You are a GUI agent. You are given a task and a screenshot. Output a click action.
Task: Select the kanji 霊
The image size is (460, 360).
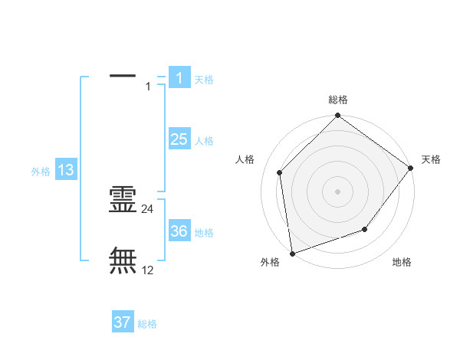[123, 200]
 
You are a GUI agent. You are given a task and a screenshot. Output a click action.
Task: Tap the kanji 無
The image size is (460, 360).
[123, 260]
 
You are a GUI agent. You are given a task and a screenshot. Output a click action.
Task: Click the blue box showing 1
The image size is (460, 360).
[179, 77]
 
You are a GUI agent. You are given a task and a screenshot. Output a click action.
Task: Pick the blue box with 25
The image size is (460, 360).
[179, 139]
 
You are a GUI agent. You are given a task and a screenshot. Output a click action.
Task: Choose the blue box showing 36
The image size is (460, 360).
[179, 231]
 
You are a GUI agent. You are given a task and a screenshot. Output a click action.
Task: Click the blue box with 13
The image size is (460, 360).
[66, 170]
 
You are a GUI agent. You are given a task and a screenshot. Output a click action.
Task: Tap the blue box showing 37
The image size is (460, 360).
[123, 322]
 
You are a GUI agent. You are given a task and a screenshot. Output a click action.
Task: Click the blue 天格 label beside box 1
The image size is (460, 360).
[204, 79]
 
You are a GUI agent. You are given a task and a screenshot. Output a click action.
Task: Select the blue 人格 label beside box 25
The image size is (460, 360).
[204, 141]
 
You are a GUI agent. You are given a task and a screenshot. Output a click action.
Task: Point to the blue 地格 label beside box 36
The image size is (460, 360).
[204, 233]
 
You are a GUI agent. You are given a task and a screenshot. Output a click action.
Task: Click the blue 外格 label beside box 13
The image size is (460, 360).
[41, 172]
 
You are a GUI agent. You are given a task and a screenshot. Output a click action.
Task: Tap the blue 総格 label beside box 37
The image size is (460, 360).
[147, 324]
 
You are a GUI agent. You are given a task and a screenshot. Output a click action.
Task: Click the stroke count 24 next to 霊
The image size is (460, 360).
[148, 208]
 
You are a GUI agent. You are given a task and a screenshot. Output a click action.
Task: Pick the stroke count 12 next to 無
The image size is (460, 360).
[148, 270]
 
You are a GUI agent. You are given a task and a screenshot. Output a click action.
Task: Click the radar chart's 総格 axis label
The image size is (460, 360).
[338, 100]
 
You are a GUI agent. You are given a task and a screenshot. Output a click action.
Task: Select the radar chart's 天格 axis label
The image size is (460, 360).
[431, 159]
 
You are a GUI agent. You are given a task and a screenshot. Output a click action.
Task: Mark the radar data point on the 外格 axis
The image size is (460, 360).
[292, 254]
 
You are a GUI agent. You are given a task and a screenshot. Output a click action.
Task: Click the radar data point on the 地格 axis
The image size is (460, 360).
[365, 229]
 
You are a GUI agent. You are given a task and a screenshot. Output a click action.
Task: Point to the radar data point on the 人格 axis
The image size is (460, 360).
[280, 172]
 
